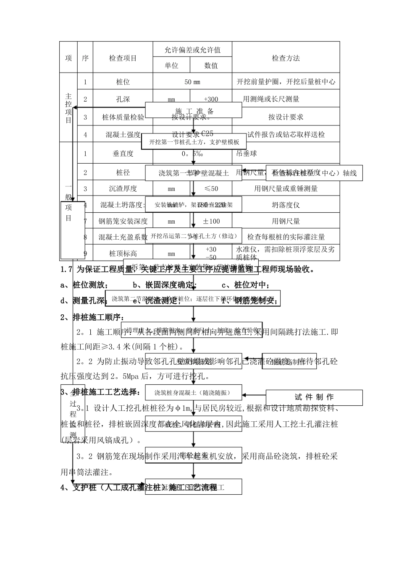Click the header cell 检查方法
pyautogui.click(x=286, y=58)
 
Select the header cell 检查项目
pyautogui.click(x=123, y=58)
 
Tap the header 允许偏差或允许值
pyautogui.click(x=192, y=50)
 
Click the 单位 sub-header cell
pyautogui.click(x=171, y=65)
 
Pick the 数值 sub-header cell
pyautogui.click(x=211, y=65)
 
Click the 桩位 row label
pyautogui.click(x=123, y=82)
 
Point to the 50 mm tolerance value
pyautogui.click(x=192, y=82)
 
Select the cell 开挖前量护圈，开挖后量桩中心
pyautogui.click(x=286, y=82)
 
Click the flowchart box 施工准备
pyautogui.click(x=194, y=111)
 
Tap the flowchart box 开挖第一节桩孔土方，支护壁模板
pyautogui.click(x=194, y=142)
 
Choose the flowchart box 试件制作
pyautogui.click(x=314, y=397)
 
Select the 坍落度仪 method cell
pyautogui.click(x=286, y=205)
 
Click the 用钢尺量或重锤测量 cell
pyautogui.click(x=286, y=189)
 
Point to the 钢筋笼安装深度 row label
pyautogui.click(x=123, y=221)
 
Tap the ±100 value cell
pyautogui.click(x=211, y=221)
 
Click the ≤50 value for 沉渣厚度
pyautogui.click(x=211, y=189)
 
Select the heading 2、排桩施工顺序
pyautogui.click(x=92, y=317)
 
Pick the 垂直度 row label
pyautogui.click(x=123, y=154)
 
